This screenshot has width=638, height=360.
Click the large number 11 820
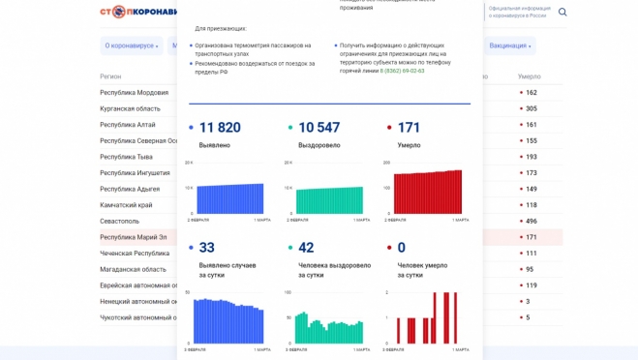(x=220, y=128)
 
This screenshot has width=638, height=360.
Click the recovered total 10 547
(x=319, y=128)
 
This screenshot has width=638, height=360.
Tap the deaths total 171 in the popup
(x=409, y=128)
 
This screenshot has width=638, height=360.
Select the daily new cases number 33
(x=206, y=248)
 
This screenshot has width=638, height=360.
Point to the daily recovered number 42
(x=306, y=248)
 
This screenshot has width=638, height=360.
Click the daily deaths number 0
(x=401, y=248)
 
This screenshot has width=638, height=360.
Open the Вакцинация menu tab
(x=509, y=45)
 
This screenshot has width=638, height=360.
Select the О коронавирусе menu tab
(x=130, y=45)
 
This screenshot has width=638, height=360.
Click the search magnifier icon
(x=562, y=13)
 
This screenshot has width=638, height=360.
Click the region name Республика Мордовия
(x=134, y=93)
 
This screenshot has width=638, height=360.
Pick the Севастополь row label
(x=120, y=221)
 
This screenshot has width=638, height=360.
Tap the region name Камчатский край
(x=126, y=205)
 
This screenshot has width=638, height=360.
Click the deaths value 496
(x=531, y=221)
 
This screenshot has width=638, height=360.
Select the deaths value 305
(x=531, y=108)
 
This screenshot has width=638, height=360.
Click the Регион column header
(x=110, y=75)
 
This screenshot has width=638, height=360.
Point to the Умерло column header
(x=529, y=75)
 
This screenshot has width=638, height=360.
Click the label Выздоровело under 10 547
(x=319, y=145)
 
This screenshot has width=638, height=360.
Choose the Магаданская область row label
(x=133, y=269)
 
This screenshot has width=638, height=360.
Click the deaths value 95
(x=530, y=269)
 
